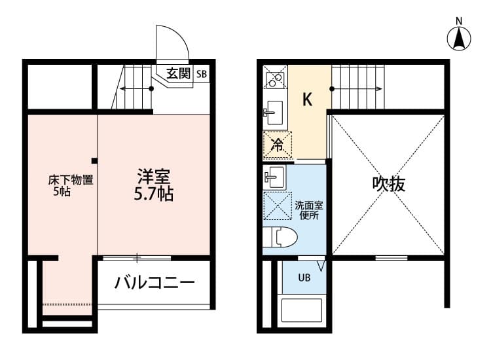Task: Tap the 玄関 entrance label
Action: pyautogui.click(x=177, y=73)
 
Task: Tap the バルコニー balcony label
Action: pyautogui.click(x=155, y=283)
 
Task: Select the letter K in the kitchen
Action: pyautogui.click(x=307, y=99)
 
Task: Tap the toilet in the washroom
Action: pyautogui.click(x=280, y=236)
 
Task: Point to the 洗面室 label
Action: pyautogui.click(x=308, y=204)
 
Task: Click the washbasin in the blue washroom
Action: pyautogui.click(x=274, y=175)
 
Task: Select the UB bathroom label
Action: pyautogui.click(x=305, y=277)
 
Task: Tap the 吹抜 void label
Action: pyautogui.click(x=389, y=185)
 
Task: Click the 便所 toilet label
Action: pyautogui.click(x=308, y=215)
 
